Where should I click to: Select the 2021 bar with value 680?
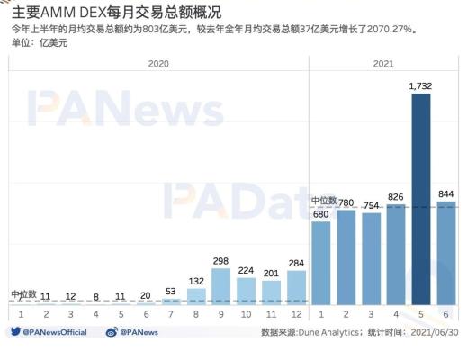pyautogui.click(x=320, y=261)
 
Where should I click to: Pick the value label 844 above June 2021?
pyautogui.click(x=445, y=193)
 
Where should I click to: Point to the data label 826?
pyautogui.click(x=396, y=196)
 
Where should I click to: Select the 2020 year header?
pyautogui.click(x=157, y=64)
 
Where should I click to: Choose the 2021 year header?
pyautogui.click(x=383, y=64)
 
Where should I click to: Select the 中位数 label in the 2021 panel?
pyautogui.click(x=324, y=200)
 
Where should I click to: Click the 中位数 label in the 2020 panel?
pyautogui.click(x=24, y=293)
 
